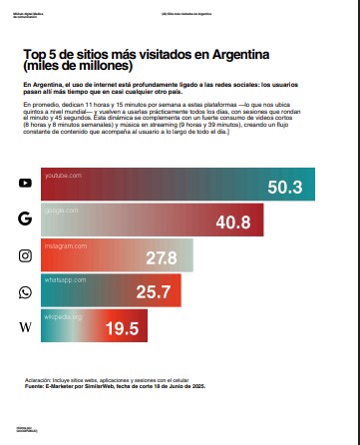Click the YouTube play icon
(25, 184)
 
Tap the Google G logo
(25, 219)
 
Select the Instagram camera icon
(25, 255)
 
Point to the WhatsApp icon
(25, 292)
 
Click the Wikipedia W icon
(25, 327)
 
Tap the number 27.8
(161, 258)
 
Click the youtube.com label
(61, 175)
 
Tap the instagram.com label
(63, 245)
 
